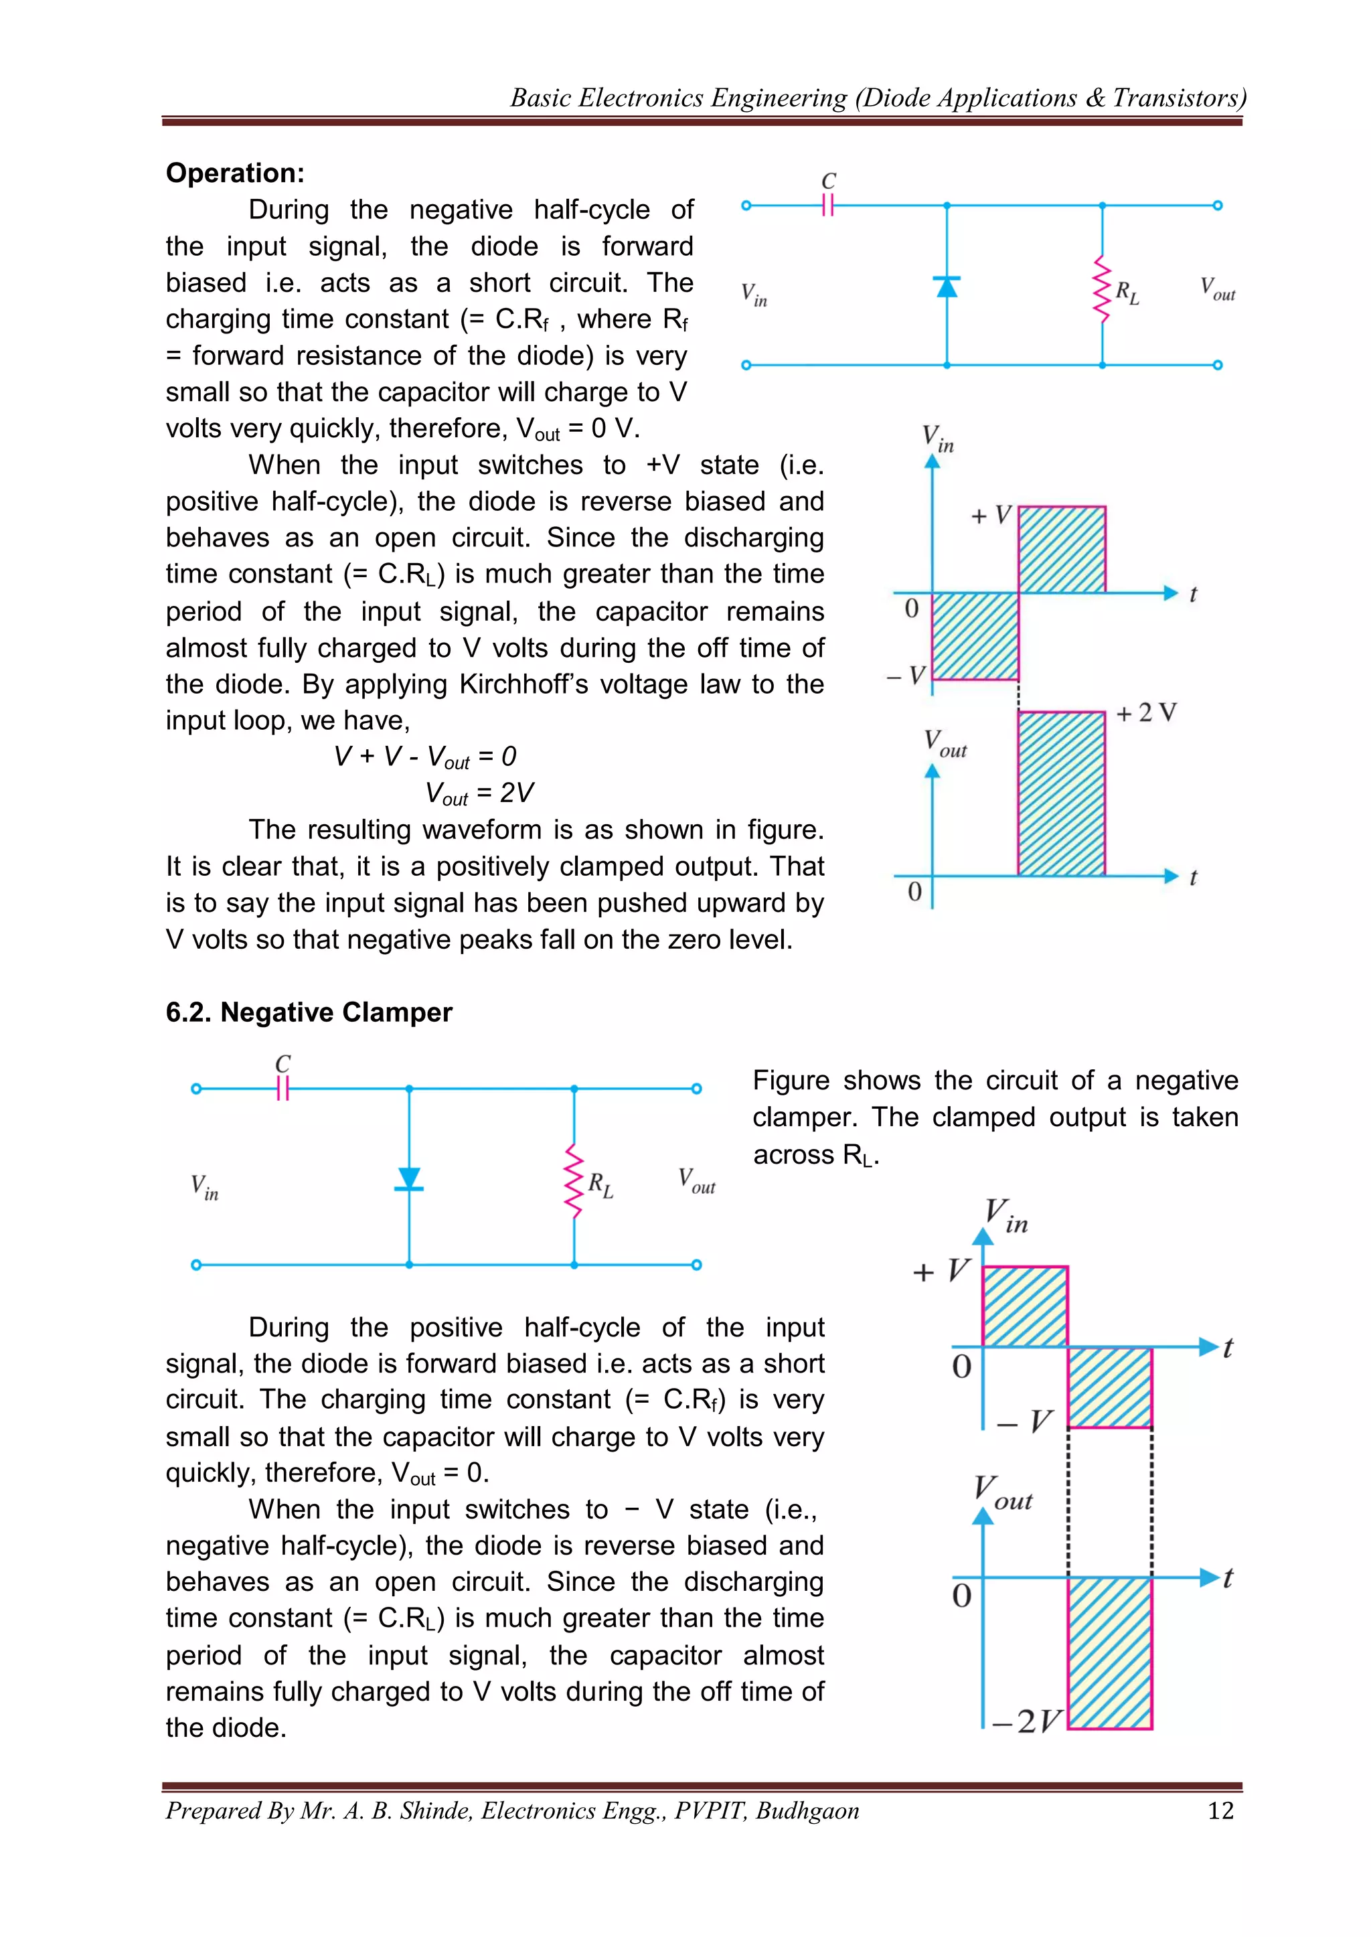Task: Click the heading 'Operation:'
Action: pyautogui.click(x=235, y=173)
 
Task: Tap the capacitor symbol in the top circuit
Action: pyautogui.click(x=828, y=204)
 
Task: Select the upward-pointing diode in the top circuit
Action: pyautogui.click(x=947, y=287)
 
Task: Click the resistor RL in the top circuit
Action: pyautogui.click(x=1102, y=289)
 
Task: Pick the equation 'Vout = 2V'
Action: pyautogui.click(x=479, y=793)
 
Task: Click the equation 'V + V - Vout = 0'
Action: pyautogui.click(x=424, y=757)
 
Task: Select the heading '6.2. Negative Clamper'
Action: pyautogui.click(x=309, y=1012)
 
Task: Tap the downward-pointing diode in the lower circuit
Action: pyautogui.click(x=410, y=1179)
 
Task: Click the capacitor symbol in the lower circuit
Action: pyautogui.click(x=283, y=1089)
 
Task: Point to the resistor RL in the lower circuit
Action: pyautogui.click(x=574, y=1180)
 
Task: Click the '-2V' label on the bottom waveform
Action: pyautogui.click(x=1026, y=1721)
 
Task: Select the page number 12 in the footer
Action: pyautogui.click(x=1221, y=1811)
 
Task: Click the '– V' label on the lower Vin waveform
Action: pyautogui.click(x=1025, y=1421)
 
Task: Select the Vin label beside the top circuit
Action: pyautogui.click(x=754, y=295)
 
